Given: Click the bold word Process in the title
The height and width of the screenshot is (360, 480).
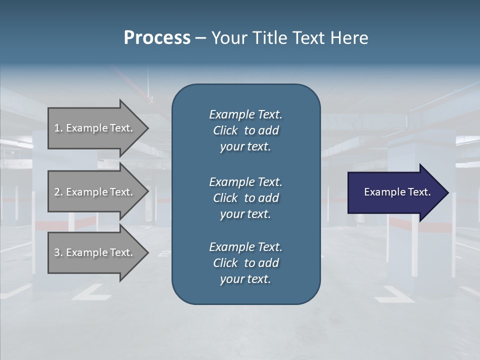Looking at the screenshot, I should [157, 37].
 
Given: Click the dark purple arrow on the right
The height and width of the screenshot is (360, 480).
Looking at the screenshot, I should [395, 192].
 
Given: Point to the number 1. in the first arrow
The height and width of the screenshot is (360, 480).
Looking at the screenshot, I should [58, 128].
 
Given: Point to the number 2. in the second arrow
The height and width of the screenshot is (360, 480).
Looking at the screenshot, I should [58, 192].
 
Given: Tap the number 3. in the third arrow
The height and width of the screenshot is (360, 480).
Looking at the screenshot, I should [58, 252].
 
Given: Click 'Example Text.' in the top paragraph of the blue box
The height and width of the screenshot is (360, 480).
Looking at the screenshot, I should [245, 114].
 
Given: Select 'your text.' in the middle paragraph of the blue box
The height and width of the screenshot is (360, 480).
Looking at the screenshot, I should [245, 214].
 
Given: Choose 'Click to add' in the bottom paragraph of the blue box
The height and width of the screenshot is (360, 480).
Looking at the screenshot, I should [245, 263].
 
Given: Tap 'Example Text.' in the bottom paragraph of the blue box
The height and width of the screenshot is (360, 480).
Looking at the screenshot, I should [245, 247].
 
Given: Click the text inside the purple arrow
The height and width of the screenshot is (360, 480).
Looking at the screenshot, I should [397, 192].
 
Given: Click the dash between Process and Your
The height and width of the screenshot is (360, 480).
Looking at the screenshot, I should [200, 38].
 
